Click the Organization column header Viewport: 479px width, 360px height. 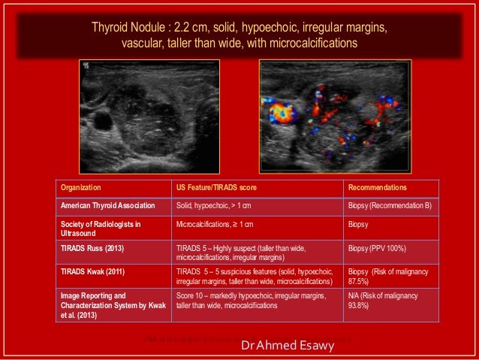tap(81, 187)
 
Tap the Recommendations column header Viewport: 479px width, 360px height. tap(377, 187)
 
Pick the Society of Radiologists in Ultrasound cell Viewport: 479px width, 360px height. tap(100, 228)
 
